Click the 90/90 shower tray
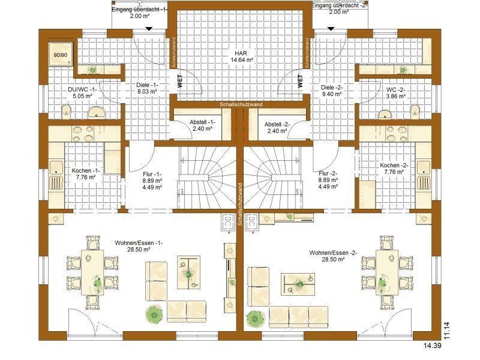coord(61,54)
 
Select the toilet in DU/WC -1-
coord(66,112)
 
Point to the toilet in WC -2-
coord(415,112)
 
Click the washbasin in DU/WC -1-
coord(97,113)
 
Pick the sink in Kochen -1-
coord(56,176)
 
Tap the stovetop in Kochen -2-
coord(397,134)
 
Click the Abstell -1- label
coord(202,122)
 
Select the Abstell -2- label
coord(277,124)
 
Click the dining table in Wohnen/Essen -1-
coord(92,272)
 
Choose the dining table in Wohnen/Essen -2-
coord(387,272)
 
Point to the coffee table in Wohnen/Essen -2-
coord(298,284)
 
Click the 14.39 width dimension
coord(433,346)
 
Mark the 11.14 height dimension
coord(447,331)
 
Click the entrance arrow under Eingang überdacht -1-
coord(149,29)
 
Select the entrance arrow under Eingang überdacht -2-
coord(331,29)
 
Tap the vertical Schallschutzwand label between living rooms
coord(240,204)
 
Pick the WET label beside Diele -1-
coord(179,81)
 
